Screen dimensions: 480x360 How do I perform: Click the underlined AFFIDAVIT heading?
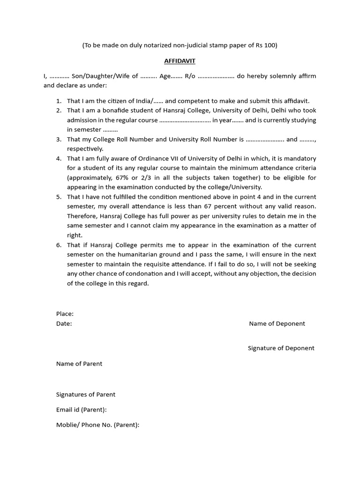click(180, 61)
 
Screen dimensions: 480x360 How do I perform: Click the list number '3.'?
click(59, 139)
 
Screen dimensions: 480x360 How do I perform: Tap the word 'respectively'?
click(85, 149)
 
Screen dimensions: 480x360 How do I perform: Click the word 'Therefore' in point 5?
click(82, 216)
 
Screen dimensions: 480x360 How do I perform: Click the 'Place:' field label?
click(65, 314)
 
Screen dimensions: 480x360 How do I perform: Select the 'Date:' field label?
click(64, 323)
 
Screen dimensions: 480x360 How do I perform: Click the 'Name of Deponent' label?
click(277, 323)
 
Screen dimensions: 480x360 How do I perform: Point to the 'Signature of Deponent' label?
click(281, 348)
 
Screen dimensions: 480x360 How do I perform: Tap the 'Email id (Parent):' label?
click(82, 410)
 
